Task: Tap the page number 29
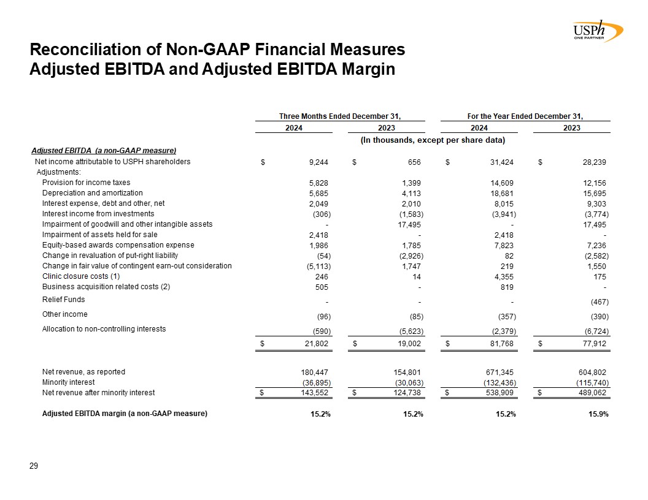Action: pos(34,467)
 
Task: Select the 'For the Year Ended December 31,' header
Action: pos(525,116)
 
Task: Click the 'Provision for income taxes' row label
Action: pos(86,183)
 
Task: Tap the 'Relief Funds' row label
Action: pos(63,300)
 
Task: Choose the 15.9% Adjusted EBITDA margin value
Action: pos(597,414)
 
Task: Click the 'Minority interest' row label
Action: pos(68,382)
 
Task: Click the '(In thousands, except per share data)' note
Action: pos(432,140)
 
